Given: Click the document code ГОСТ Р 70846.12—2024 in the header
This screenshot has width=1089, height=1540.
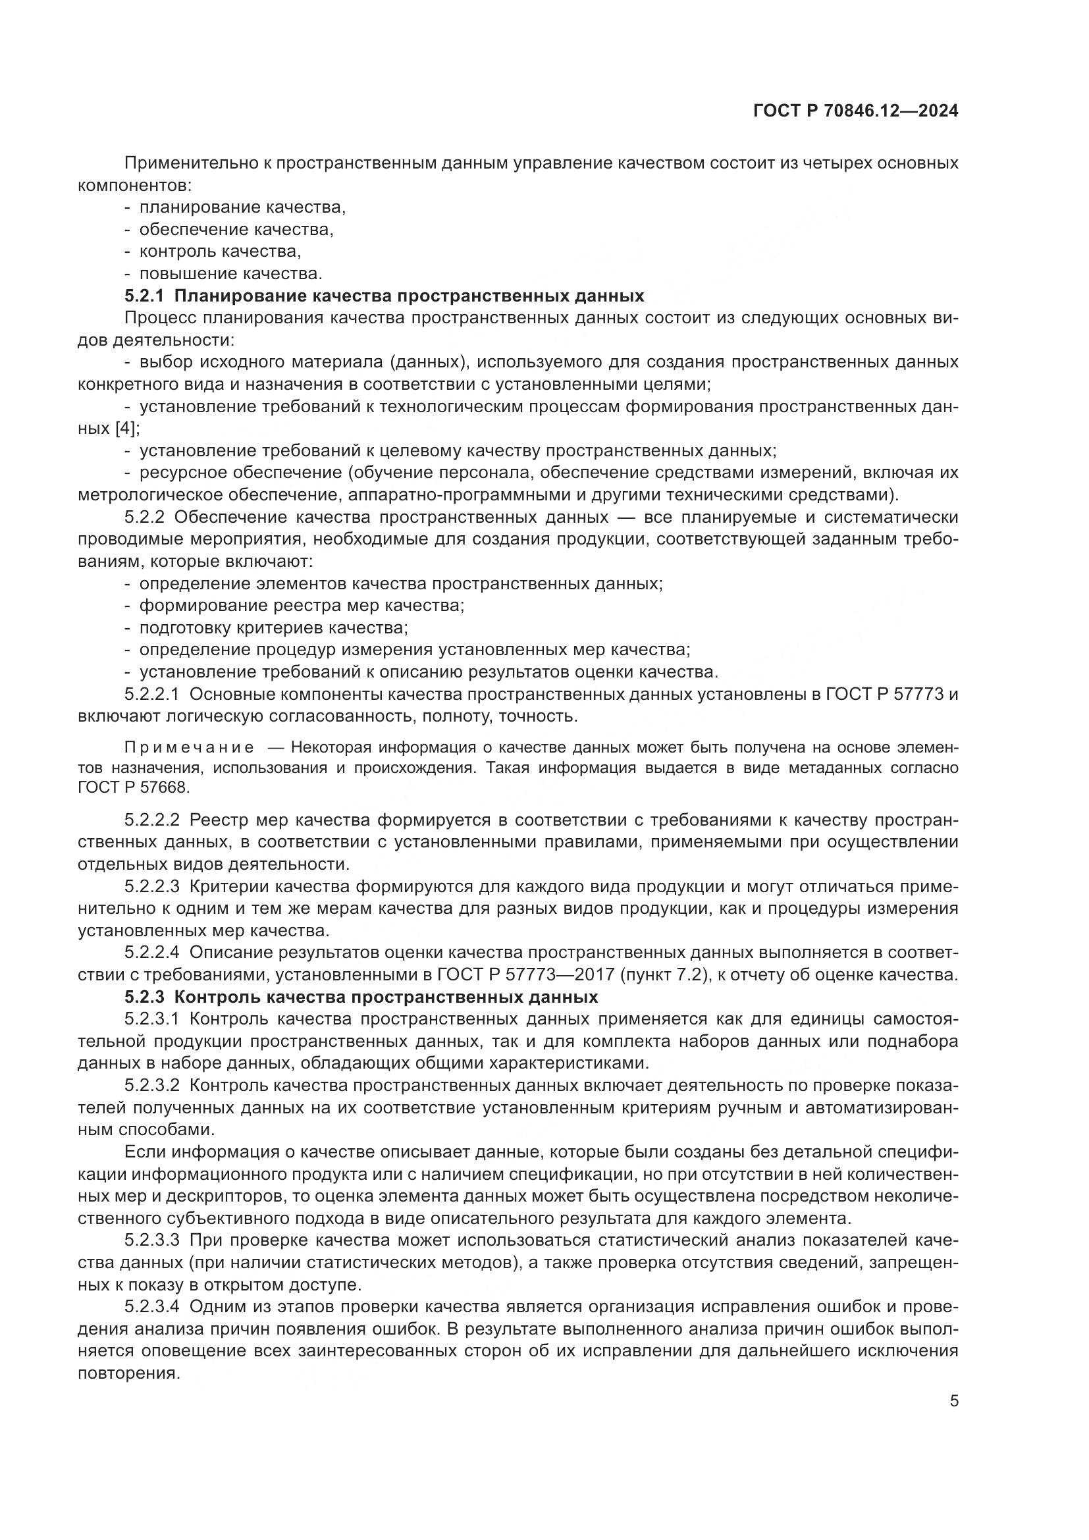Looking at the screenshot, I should click(855, 111).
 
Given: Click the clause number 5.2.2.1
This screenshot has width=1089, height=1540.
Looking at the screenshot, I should click(151, 694).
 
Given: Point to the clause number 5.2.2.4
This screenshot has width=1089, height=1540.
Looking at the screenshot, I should click(151, 953).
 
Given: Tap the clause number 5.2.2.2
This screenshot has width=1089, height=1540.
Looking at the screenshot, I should click(151, 820).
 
